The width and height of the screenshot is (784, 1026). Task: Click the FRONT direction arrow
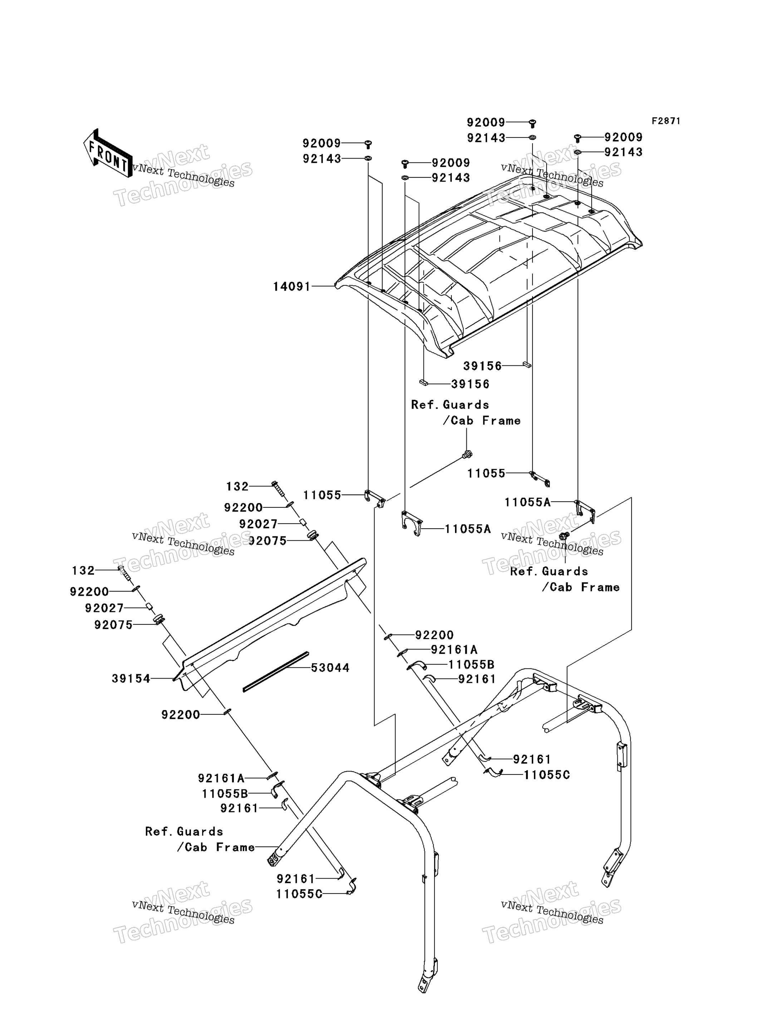(107, 153)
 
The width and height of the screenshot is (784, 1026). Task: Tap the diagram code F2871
(666, 121)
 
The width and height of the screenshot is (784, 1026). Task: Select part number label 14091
(291, 286)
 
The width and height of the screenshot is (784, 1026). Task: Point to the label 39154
(131, 679)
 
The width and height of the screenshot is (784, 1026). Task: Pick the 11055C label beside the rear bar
(547, 775)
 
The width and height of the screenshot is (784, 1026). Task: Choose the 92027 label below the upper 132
(258, 524)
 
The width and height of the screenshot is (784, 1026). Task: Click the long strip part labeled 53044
(276, 672)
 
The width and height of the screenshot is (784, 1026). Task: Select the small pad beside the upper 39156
(526, 365)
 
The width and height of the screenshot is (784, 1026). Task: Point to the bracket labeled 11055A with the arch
(412, 524)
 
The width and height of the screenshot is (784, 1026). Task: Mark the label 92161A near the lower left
(221, 778)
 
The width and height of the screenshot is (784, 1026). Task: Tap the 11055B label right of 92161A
(471, 665)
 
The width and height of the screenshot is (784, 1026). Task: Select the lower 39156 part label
(470, 384)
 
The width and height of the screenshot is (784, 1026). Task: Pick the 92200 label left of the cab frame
(181, 715)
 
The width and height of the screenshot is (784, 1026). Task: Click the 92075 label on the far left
(113, 625)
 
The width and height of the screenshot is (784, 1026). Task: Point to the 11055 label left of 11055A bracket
(323, 495)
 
